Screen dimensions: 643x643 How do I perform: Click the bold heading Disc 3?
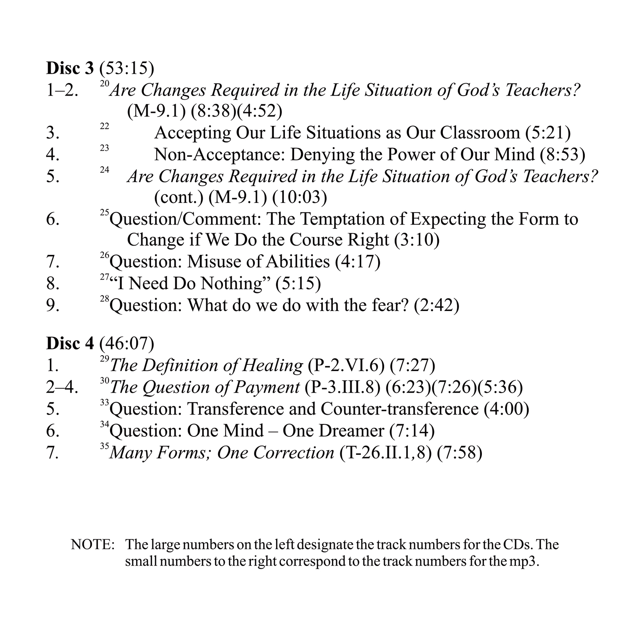coord(70,68)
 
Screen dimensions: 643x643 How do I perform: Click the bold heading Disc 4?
coord(70,343)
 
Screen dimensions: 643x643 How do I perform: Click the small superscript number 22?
coord(104,126)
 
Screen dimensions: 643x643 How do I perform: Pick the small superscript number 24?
coord(104,170)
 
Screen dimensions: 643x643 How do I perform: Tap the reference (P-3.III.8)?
coord(342,387)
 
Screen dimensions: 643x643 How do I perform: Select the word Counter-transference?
coord(399,409)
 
